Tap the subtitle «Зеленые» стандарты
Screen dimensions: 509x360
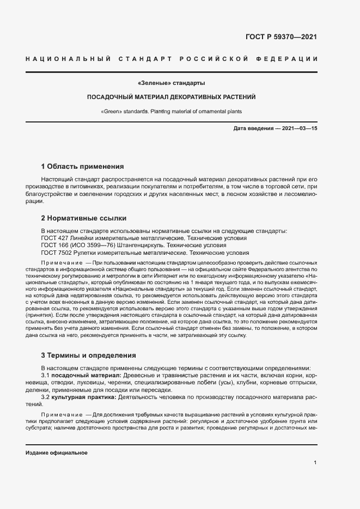click(x=172, y=83)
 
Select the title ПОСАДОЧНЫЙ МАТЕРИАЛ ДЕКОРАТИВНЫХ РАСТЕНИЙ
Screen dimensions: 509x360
click(x=172, y=97)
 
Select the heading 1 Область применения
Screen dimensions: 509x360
click(x=83, y=166)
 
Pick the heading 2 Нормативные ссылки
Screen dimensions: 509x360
click(x=84, y=218)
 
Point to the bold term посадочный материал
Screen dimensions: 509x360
click(x=87, y=376)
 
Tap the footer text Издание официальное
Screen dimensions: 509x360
click(x=57, y=453)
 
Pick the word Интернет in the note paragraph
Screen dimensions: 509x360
click(x=200, y=277)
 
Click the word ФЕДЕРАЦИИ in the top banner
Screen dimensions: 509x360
click(x=291, y=58)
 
